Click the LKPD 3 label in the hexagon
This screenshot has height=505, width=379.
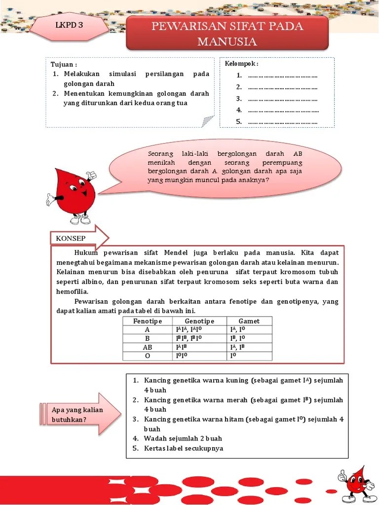pos(69,26)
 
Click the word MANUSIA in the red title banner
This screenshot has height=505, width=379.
pos(227,41)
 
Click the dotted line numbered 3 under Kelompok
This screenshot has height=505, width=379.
pos(282,99)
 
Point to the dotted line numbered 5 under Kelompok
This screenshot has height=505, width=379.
pos(282,122)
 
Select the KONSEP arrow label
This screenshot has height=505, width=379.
pos(72,238)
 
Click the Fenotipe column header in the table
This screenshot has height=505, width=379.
pos(148,321)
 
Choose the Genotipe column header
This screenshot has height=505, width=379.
pos(199,321)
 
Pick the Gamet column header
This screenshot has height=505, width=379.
pos(249,321)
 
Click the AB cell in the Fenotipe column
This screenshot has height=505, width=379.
pos(148,347)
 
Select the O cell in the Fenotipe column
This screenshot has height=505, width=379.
pos(148,356)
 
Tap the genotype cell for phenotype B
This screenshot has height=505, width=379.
pos(189,338)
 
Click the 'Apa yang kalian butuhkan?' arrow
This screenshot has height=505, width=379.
pos(79,415)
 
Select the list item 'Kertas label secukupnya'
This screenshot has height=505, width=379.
pos(184,448)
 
